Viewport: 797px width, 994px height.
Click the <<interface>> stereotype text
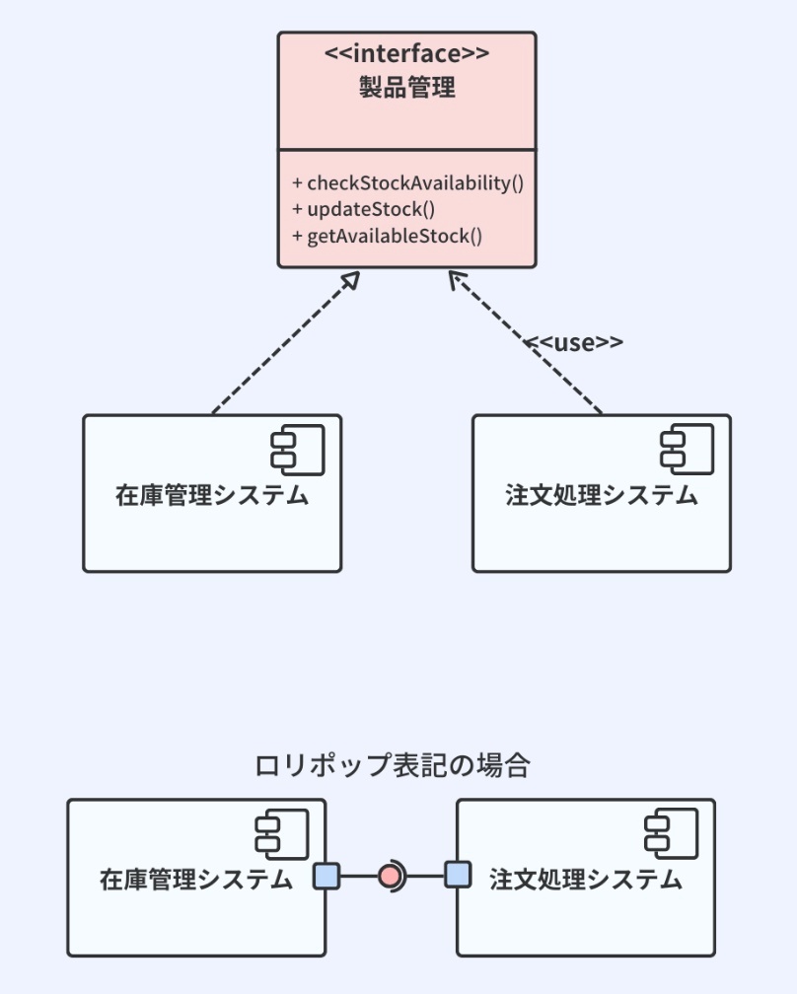(x=406, y=54)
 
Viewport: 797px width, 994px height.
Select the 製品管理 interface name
(x=406, y=88)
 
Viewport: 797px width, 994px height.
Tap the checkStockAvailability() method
(x=407, y=182)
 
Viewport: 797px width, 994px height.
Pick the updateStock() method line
(x=364, y=209)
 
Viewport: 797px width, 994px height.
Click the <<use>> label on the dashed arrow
(x=573, y=342)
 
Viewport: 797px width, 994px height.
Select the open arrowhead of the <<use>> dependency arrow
(x=457, y=281)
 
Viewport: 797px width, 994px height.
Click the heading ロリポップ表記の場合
(x=393, y=765)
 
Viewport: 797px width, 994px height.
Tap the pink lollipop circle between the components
(x=391, y=875)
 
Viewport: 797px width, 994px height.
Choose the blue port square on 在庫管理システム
(x=326, y=875)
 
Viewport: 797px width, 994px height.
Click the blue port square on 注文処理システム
(x=458, y=875)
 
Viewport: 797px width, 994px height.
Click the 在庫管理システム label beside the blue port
(x=196, y=879)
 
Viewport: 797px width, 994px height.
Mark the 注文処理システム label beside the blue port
(x=586, y=879)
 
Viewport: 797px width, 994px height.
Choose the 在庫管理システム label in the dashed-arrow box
(x=212, y=495)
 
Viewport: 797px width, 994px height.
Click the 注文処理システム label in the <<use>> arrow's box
(x=602, y=495)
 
